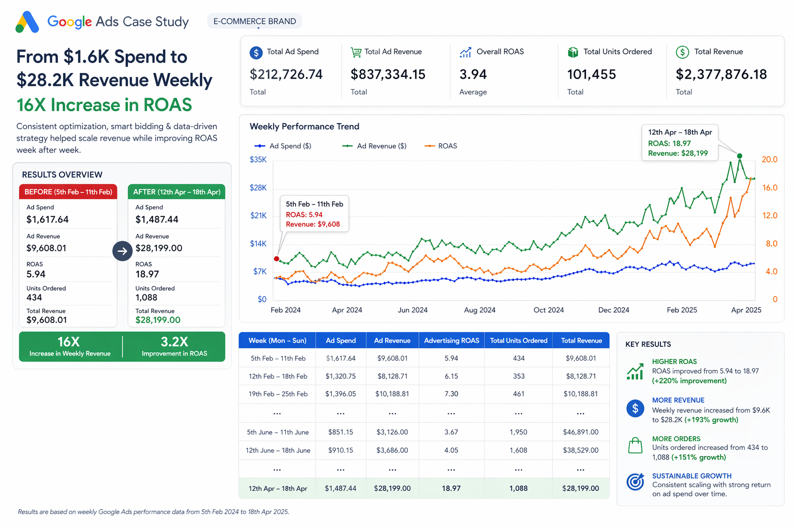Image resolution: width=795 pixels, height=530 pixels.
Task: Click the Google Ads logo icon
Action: pyautogui.click(x=27, y=22)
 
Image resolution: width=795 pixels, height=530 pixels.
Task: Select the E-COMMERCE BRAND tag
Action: pyautogui.click(x=255, y=21)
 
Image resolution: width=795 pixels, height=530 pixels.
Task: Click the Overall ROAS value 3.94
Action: pyautogui.click(x=473, y=75)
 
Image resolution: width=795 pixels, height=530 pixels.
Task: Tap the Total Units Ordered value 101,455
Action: pyautogui.click(x=591, y=75)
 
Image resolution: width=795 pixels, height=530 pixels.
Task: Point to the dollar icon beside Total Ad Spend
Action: pyautogui.click(x=256, y=53)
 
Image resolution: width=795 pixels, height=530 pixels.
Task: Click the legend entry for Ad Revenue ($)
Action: pyautogui.click(x=374, y=146)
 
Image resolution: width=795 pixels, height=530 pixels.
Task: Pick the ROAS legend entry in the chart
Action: pyautogui.click(x=441, y=146)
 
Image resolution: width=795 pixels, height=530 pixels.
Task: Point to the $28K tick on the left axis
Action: pyautogui.click(x=258, y=187)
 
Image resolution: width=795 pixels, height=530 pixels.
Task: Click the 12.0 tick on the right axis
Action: pyautogui.click(x=770, y=215)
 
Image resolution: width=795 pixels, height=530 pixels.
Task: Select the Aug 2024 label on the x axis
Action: pyautogui.click(x=479, y=310)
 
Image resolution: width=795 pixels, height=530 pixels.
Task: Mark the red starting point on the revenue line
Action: pyautogui.click(x=276, y=259)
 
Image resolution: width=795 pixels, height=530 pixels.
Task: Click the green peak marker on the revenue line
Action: pyautogui.click(x=740, y=156)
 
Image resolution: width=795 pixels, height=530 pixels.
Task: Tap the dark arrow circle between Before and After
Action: pyautogui.click(x=123, y=251)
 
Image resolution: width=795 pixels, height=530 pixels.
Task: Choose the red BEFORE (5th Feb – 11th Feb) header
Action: pyautogui.click(x=68, y=192)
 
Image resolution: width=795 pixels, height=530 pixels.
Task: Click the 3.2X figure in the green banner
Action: pyautogui.click(x=174, y=342)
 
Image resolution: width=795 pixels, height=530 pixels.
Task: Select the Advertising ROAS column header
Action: pyautogui.click(x=451, y=341)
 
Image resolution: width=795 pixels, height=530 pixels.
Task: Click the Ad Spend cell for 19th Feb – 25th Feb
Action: pyautogui.click(x=341, y=394)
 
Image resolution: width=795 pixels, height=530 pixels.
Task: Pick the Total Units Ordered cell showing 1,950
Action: pyautogui.click(x=519, y=432)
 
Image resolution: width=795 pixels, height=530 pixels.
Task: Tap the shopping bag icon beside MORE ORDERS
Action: pyautogui.click(x=635, y=445)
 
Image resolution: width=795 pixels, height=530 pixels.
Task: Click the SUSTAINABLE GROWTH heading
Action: pyautogui.click(x=691, y=476)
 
